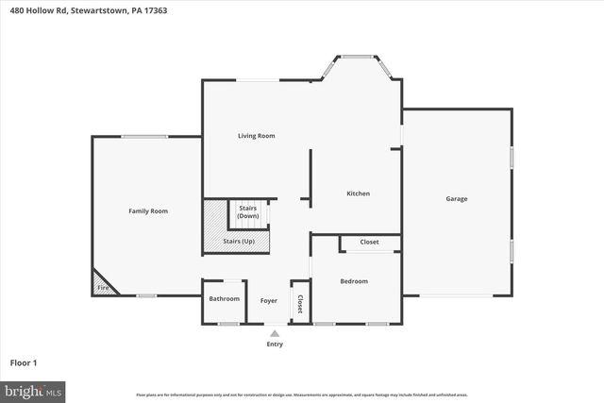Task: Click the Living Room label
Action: coord(256,136)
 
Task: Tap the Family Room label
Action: coord(148,210)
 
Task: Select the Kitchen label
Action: coord(358,193)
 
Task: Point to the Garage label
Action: coord(457,198)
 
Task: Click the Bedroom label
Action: coord(354,281)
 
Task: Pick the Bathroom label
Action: coord(224,299)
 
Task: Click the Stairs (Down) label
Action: coord(248,211)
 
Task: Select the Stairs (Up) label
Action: coord(238,242)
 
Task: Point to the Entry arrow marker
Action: coord(274,333)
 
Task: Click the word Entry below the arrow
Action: coord(274,344)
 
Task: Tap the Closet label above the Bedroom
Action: coord(369,243)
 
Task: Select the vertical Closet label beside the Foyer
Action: coord(300,304)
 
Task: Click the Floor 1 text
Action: coord(25,362)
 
